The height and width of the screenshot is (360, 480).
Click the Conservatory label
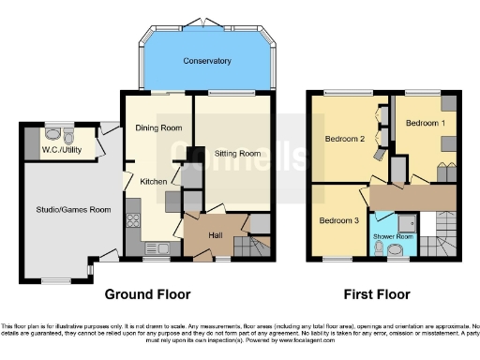tap(207, 61)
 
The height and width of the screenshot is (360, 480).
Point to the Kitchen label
tap(153, 181)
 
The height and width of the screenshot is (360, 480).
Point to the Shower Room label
tap(392, 236)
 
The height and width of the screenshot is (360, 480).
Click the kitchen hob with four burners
tap(132, 222)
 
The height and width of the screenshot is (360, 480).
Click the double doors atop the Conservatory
tap(207, 21)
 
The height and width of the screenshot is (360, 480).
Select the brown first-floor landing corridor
tap(412, 197)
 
